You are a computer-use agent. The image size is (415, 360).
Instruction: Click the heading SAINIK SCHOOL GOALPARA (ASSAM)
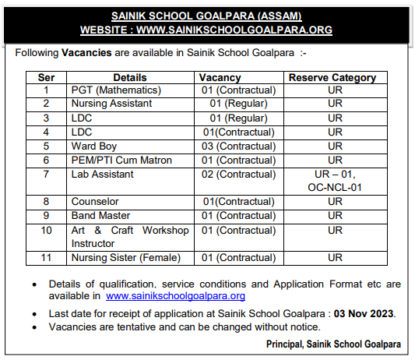point(206,16)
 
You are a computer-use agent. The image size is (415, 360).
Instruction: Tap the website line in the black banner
point(206,30)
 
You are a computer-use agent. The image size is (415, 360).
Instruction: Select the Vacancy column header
point(220,77)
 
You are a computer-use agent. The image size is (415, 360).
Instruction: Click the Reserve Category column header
point(332,77)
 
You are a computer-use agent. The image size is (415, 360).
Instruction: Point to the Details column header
point(130,77)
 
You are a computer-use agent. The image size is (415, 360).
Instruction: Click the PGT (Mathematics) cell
point(116,90)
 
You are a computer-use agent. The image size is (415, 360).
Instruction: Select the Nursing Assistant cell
point(113,104)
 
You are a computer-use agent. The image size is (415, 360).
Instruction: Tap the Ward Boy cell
point(94,146)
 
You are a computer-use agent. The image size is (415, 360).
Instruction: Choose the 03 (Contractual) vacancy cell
point(238,146)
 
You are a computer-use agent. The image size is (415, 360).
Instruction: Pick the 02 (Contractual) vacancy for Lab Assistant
point(238,174)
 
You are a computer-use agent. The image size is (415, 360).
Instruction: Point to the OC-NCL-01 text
point(335,187)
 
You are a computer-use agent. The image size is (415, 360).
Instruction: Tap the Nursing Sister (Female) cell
point(125,257)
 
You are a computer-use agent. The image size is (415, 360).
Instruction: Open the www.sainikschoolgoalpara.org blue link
point(175,296)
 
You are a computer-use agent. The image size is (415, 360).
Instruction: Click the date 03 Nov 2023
point(365,313)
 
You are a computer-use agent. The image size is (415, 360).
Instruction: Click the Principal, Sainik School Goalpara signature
point(333,344)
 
